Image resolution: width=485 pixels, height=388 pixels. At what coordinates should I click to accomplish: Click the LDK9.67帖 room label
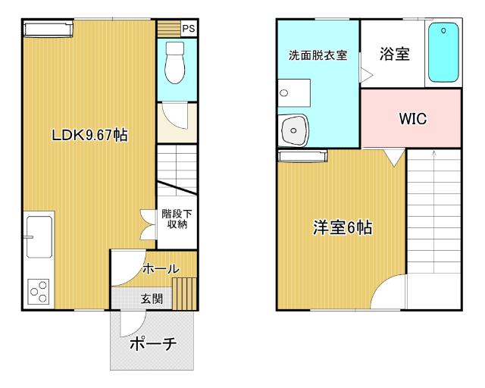[89, 136]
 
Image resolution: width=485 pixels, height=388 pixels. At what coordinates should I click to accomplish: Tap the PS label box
[188, 29]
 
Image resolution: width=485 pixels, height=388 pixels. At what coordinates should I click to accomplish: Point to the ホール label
[161, 269]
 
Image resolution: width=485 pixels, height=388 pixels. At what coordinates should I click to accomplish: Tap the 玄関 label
[151, 299]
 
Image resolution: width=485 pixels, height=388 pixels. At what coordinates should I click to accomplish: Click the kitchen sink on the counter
[39, 235]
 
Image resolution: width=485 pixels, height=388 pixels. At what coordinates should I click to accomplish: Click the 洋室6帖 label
[343, 227]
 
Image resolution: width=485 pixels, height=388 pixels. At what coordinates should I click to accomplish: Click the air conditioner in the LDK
[48, 29]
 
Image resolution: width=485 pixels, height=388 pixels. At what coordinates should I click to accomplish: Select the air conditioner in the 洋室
[303, 156]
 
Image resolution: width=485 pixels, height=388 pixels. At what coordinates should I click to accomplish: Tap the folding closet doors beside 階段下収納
[147, 224]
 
